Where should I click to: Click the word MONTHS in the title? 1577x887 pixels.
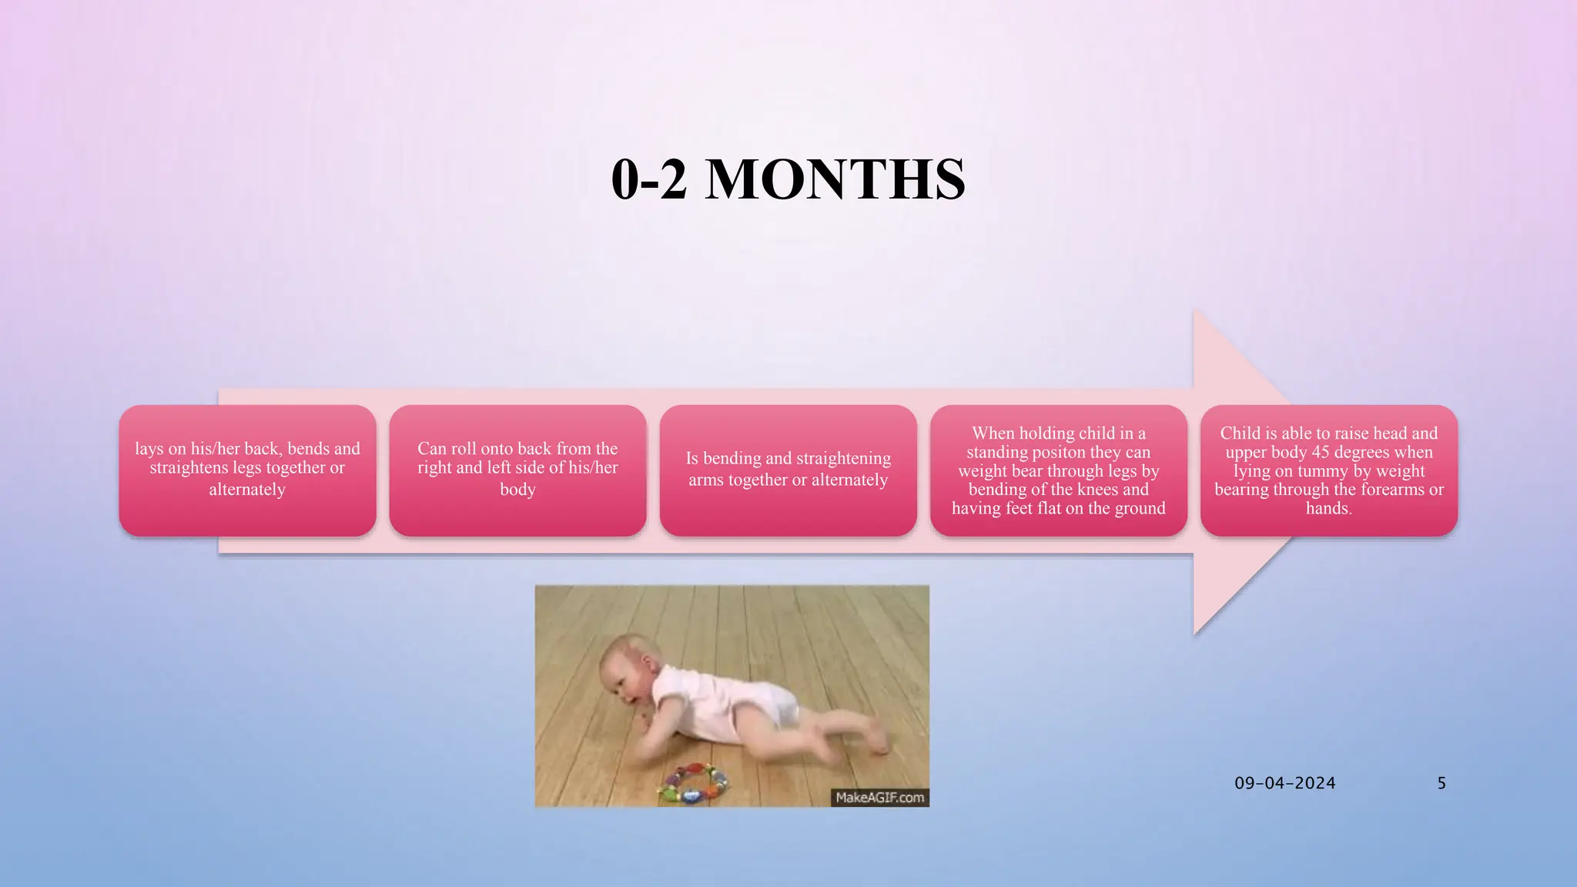click(835, 179)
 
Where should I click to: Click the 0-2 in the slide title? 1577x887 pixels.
click(648, 179)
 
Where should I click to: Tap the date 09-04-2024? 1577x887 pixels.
click(1284, 783)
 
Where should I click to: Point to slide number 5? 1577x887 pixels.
click(1441, 783)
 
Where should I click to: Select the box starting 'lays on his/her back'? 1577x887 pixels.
click(247, 470)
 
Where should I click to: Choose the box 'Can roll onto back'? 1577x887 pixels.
click(517, 470)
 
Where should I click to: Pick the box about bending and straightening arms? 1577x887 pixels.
click(788, 470)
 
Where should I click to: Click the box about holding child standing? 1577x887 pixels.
click(1058, 470)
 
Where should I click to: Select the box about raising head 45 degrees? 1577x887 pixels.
click(1328, 470)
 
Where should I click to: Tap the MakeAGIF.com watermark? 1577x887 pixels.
click(879, 798)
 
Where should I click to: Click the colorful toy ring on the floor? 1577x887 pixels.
click(689, 784)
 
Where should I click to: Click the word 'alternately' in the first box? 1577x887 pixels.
click(247, 490)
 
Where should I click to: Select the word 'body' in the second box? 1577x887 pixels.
click(517, 490)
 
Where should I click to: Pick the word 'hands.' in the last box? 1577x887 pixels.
click(1328, 508)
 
